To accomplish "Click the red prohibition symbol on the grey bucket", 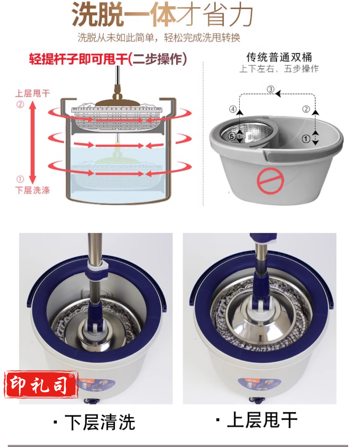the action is point(270,180).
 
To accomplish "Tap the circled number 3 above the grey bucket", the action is point(271,89).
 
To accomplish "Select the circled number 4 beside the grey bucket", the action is point(233,109).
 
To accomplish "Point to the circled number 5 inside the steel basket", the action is point(232,136).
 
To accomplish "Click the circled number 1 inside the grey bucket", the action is point(306,139).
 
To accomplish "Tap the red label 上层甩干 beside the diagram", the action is point(33,93).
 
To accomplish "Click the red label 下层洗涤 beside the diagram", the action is point(33,190).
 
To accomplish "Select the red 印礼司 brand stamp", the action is point(41,385).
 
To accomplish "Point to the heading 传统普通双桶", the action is point(279,57).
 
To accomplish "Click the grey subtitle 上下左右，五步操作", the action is point(279,69).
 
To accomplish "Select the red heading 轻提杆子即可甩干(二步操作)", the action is point(108,59).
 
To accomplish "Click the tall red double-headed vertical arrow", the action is point(33,142).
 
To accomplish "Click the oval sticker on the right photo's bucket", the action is point(259,385).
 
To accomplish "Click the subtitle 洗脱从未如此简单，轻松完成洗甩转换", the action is point(159,38).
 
